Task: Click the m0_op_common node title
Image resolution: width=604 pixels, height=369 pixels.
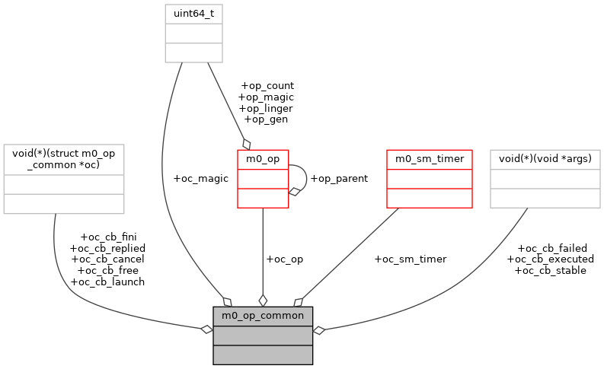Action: coord(263,315)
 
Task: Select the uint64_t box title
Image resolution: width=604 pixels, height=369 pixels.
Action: coord(194,14)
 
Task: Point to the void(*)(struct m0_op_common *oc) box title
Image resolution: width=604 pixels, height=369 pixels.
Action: coord(64,161)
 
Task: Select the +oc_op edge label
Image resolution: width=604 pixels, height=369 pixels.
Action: coord(284,259)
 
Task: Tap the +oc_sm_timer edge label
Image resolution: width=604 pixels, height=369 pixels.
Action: coord(410,259)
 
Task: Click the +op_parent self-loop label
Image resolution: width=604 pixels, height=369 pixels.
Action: coord(338,178)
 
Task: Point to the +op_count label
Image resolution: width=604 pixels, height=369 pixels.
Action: coord(266,86)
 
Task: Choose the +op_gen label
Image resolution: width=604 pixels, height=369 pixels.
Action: coord(266,119)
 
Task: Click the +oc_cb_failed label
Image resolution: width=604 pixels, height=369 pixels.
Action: coord(551,248)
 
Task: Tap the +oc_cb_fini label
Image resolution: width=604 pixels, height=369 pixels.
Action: coord(108,237)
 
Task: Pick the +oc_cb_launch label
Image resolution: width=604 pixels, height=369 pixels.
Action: coord(107,282)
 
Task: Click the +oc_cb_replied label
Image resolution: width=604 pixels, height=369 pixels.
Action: coord(107,248)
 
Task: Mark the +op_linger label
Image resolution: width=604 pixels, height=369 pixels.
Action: coord(266,108)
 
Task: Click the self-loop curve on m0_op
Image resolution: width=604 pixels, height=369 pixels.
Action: coord(307,178)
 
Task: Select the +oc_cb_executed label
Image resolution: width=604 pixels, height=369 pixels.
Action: coord(551,259)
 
